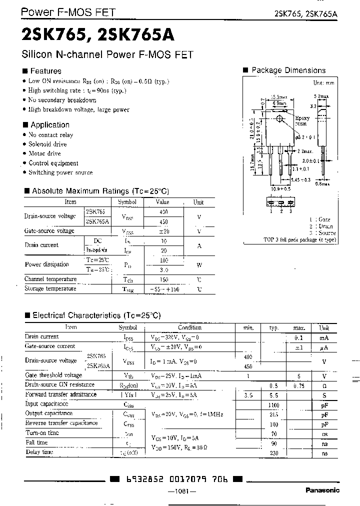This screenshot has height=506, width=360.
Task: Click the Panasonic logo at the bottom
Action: pyautogui.click(x=322, y=490)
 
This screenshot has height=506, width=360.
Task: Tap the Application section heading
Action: pyautogui.click(x=46, y=125)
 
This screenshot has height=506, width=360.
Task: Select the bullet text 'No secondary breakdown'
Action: pyautogui.click(x=62, y=100)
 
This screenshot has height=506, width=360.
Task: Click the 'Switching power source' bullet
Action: pyautogui.click(x=60, y=172)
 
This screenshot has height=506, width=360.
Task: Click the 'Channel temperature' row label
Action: pyautogui.click(x=50, y=279)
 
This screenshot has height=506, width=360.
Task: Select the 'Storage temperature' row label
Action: pyautogui.click(x=50, y=288)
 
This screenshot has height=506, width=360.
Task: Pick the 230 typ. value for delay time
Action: pyautogui.click(x=273, y=452)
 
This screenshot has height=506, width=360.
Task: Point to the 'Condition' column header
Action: pyautogui.click(x=189, y=327)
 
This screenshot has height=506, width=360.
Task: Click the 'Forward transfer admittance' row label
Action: pyautogui.click(x=60, y=394)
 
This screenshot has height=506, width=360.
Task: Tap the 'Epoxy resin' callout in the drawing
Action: pyautogui.click(x=302, y=121)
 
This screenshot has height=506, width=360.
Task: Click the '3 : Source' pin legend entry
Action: pyautogui.click(x=322, y=233)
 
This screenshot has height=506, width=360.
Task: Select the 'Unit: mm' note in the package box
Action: pyautogui.click(x=324, y=83)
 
